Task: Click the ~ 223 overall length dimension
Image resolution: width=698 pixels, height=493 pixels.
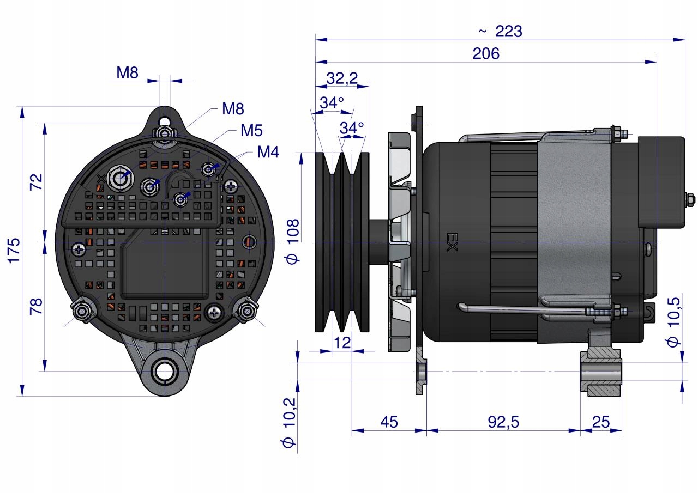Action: pos(501,32)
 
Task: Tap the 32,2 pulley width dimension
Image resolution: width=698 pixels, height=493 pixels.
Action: pos(342,79)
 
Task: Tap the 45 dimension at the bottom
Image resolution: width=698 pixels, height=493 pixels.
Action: pos(389,422)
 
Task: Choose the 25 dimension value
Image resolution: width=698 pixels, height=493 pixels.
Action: pos(600,422)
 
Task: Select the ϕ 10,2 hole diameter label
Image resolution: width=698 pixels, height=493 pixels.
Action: pos(290,422)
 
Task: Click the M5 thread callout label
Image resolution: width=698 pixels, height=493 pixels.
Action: pos(251,131)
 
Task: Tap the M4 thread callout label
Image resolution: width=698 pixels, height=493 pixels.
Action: pos(268,153)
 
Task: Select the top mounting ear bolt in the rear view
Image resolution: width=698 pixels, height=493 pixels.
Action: pos(164,132)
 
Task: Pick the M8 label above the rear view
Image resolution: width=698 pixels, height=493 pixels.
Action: pos(127,73)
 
